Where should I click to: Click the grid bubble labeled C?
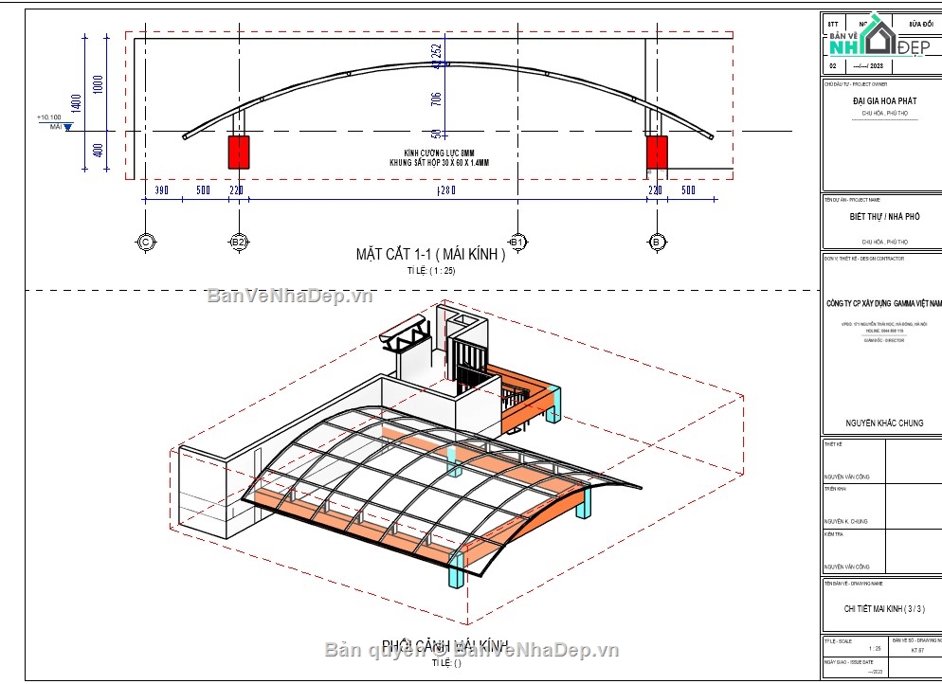(145, 242)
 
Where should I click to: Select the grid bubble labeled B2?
(238, 242)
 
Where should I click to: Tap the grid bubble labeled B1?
(516, 242)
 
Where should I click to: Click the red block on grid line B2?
(238, 152)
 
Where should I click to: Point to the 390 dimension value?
(161, 190)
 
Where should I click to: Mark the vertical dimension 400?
(99, 151)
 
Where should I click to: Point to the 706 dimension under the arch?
(436, 100)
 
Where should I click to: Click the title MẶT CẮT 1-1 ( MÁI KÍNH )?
(430, 254)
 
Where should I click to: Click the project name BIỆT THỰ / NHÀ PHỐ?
(880, 216)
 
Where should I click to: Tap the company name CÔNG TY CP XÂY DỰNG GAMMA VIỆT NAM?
(884, 303)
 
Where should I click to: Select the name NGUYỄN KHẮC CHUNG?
(884, 423)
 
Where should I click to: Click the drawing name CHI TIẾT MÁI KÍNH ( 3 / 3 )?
(884, 609)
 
